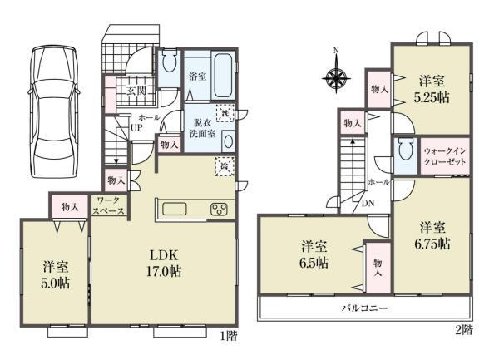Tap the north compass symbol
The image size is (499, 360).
(x=336, y=80)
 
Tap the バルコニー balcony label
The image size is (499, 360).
(x=364, y=308)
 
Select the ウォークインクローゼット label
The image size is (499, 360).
(x=446, y=156)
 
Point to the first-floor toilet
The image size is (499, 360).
(x=169, y=61)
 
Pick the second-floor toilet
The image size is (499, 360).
(x=405, y=152)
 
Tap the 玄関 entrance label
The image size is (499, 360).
(x=137, y=91)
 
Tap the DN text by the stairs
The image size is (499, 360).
(x=368, y=202)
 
